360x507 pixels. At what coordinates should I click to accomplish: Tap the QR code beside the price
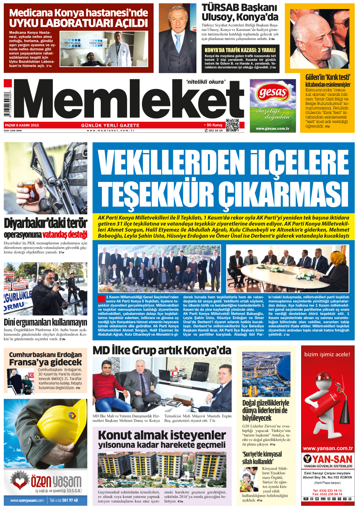[232, 125]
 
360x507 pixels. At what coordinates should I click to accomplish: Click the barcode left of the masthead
[8, 104]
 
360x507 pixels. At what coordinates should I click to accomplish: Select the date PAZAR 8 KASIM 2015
[22, 125]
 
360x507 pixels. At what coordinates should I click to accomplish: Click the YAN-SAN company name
[332, 459]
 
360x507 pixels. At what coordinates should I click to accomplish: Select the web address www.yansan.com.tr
[328, 449]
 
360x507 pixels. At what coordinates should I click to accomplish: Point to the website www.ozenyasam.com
[27, 501]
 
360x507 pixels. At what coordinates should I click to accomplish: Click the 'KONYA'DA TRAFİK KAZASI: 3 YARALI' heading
[240, 50]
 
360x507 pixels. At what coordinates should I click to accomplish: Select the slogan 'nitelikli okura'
[206, 81]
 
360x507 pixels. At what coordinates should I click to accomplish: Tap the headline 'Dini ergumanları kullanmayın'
[45, 322]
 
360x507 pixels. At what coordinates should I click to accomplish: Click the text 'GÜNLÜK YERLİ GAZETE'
[110, 125]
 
